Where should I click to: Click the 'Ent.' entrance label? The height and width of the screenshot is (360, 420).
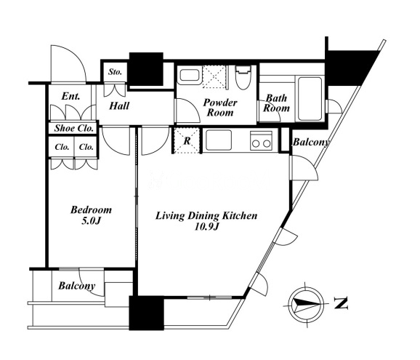point(70,96)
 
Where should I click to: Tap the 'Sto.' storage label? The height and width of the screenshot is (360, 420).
point(116,72)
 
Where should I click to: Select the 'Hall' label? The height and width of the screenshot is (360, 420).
point(119,106)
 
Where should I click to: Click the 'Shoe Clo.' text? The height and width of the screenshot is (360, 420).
point(74,128)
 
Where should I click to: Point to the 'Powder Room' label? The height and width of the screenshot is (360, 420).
point(220,108)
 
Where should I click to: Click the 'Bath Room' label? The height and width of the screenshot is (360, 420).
point(276,103)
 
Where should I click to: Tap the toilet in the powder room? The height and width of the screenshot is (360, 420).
point(243,78)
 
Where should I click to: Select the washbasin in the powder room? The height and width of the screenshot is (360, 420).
point(189,76)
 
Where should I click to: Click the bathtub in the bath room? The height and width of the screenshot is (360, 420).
point(310,98)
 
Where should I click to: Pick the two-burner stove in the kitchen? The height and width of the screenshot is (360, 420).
point(261,140)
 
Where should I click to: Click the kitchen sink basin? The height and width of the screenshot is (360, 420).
point(219,140)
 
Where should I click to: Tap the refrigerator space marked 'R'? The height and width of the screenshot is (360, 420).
point(187,140)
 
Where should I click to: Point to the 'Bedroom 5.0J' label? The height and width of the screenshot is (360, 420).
point(91,215)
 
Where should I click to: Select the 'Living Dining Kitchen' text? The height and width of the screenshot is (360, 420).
point(206,216)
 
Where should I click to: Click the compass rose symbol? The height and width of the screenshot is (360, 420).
point(306,305)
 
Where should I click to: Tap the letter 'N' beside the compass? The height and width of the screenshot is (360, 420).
point(341,303)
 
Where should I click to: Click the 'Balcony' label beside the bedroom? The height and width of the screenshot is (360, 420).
point(77,286)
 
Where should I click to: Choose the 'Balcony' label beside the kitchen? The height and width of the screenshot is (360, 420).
point(311,142)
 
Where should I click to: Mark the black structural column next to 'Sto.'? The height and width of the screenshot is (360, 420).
point(146,69)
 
